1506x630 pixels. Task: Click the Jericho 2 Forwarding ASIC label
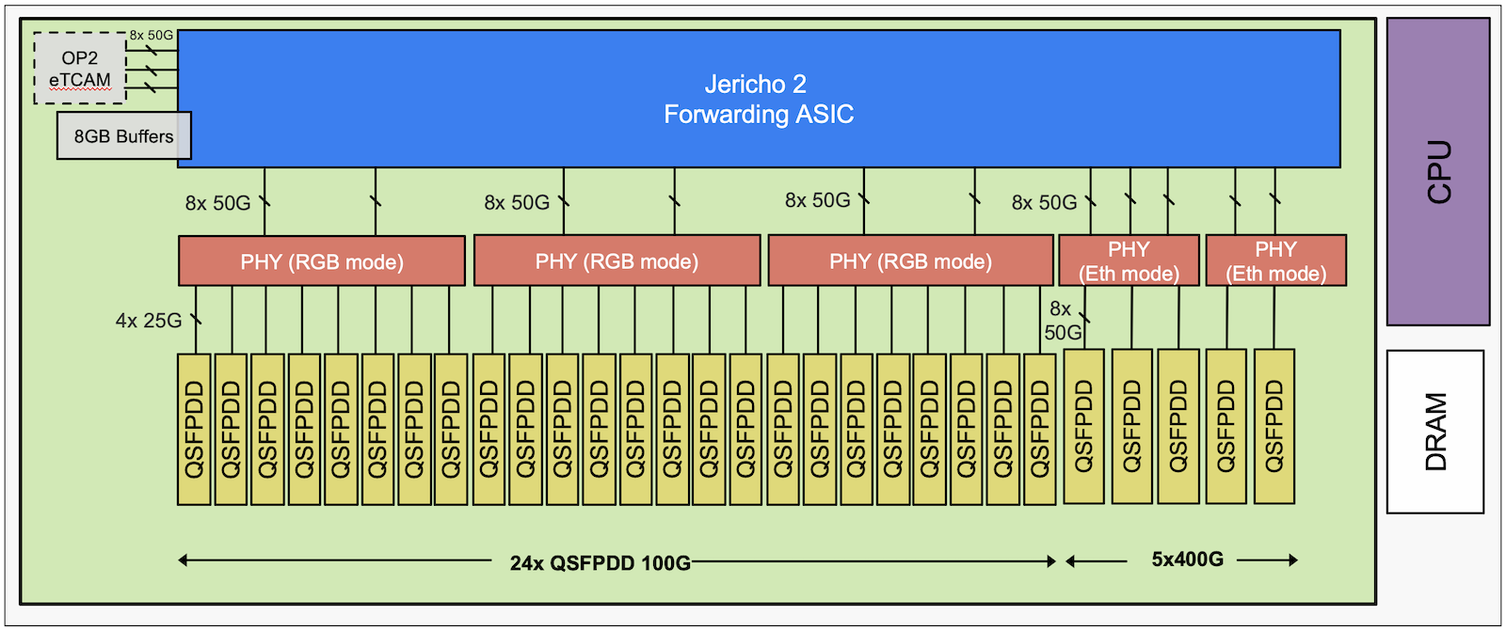758,99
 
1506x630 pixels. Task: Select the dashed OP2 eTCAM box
80,69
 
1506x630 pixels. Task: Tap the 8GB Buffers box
123,136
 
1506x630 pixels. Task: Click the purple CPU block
1437,172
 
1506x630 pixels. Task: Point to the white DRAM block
1434,432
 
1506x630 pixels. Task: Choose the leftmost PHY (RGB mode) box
321,261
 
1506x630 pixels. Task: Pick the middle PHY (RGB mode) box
617,261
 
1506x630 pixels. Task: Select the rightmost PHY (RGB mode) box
910,261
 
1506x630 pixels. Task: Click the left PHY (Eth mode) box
1129,261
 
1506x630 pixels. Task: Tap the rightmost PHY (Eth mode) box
1275,261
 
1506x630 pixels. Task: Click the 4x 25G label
149,321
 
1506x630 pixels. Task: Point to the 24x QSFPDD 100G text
600,563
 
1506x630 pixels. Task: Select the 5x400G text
1187,559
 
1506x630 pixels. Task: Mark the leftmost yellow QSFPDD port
194,429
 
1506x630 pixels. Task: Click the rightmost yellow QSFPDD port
1274,426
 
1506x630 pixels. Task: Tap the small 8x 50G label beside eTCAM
152,35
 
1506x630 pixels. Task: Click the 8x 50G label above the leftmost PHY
217,203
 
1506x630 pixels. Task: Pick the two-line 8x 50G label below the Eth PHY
1062,321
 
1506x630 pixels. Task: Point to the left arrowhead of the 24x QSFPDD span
183,561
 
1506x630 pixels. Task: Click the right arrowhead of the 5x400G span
1294,560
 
